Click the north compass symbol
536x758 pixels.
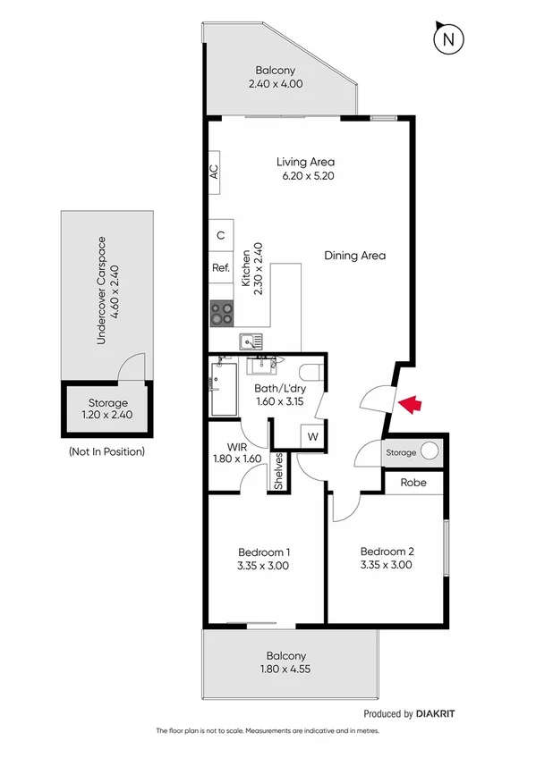tap(448, 39)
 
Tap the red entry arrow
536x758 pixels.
tap(410, 405)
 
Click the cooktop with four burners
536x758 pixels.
tap(223, 314)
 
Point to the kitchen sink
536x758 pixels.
tap(251, 341)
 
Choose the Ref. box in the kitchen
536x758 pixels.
tap(221, 267)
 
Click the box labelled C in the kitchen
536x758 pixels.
tap(220, 236)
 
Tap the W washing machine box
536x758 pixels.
tap(313, 436)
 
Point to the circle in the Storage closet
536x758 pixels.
tap(430, 451)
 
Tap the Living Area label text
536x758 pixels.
tap(305, 162)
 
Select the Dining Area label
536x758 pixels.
tap(354, 256)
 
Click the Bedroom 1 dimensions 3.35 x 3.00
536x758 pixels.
tap(264, 566)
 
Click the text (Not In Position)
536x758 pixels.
tap(106, 451)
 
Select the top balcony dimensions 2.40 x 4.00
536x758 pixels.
tap(275, 84)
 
